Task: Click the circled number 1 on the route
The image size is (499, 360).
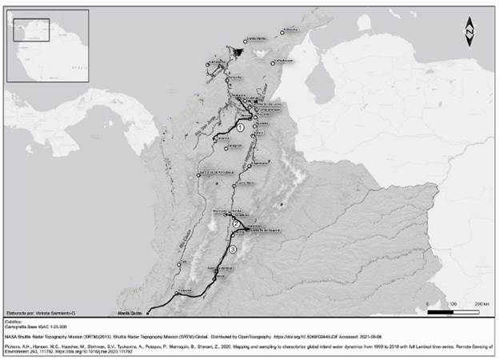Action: pos(240,128)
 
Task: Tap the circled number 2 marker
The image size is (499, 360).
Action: pos(236,224)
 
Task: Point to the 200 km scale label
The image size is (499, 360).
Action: pos(481,305)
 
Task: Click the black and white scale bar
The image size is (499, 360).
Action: pos(457,311)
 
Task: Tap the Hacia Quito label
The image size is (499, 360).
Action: pos(130,314)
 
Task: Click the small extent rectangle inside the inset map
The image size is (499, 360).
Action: pos(33,30)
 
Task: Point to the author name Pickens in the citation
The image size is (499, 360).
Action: pos(14,348)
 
